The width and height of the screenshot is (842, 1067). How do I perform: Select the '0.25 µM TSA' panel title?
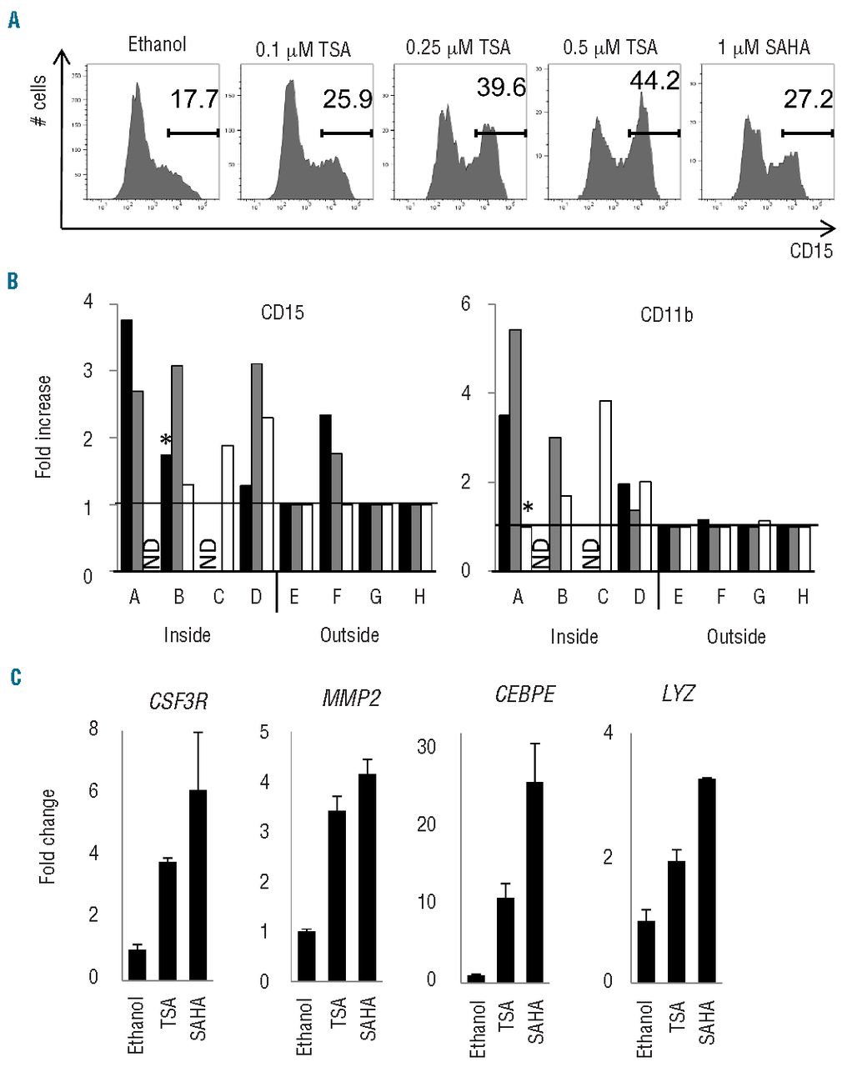point(458,48)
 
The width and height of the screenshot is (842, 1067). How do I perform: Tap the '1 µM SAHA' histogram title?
point(764,48)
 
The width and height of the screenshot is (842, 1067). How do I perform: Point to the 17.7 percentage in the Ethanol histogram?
point(194,100)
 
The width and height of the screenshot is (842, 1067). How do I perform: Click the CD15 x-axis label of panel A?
point(811,250)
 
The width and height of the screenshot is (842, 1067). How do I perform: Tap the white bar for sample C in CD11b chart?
point(606,485)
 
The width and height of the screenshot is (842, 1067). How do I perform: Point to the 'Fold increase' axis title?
point(43,426)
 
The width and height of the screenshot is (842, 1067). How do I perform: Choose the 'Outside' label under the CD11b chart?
point(736,637)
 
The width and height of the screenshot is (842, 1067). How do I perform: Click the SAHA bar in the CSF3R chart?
point(198,884)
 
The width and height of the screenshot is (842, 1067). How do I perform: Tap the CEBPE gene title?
point(524,695)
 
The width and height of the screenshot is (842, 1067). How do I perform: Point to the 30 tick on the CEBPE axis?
point(427,746)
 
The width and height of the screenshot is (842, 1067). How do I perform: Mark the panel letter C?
point(15,676)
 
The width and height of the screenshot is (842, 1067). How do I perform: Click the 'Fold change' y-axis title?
point(48,836)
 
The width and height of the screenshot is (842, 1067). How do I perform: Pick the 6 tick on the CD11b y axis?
point(467,304)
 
